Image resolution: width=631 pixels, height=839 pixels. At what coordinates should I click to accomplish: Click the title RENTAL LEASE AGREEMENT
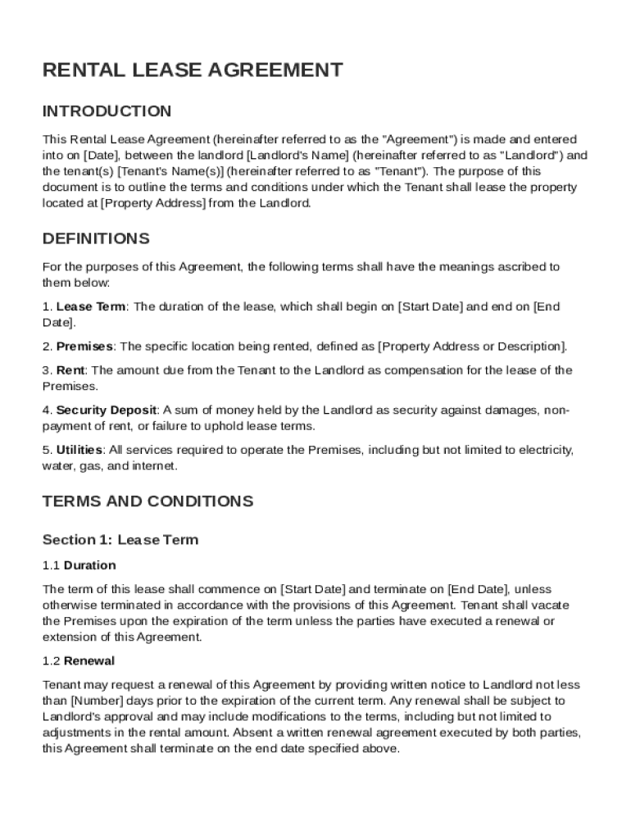(193, 70)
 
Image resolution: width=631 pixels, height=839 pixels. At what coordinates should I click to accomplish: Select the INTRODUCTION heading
(107, 111)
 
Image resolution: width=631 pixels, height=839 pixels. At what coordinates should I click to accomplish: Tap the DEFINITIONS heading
(96, 239)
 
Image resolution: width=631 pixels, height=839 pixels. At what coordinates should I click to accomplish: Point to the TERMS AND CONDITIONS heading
(148, 501)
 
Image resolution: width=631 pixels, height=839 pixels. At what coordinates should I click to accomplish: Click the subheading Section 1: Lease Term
(120, 540)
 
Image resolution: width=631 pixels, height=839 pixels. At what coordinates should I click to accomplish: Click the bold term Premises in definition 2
(84, 347)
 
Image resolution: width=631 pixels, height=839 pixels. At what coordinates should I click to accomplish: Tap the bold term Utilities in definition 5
(79, 450)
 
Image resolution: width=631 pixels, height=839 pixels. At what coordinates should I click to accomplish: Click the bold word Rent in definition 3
(70, 370)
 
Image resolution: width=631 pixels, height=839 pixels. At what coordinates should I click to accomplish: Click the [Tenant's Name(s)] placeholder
(170, 171)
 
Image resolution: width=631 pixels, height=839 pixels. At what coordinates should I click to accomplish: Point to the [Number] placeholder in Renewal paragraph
(98, 701)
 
